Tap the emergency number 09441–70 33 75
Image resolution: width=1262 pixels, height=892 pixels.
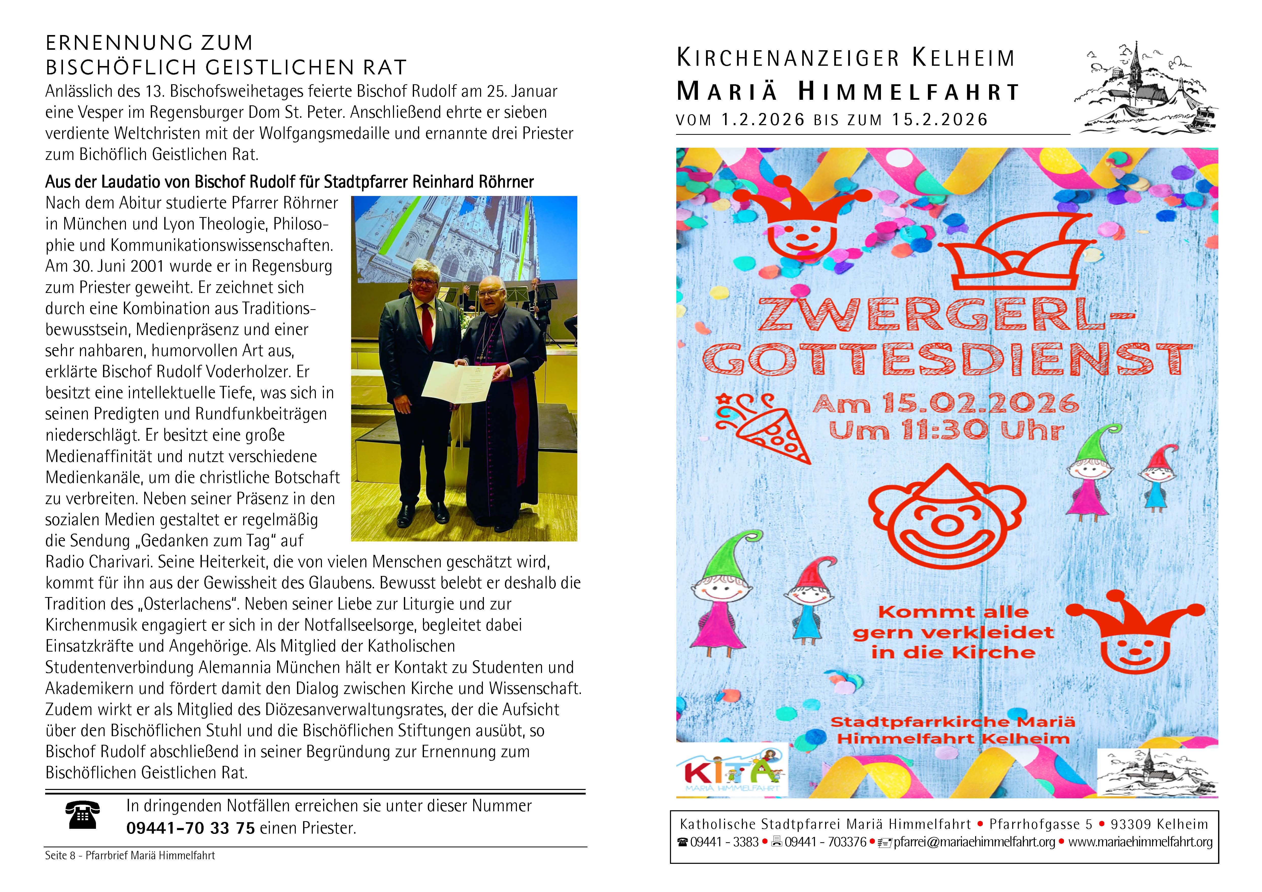tap(190, 828)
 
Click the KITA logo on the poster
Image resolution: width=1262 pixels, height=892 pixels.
tap(732, 772)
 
